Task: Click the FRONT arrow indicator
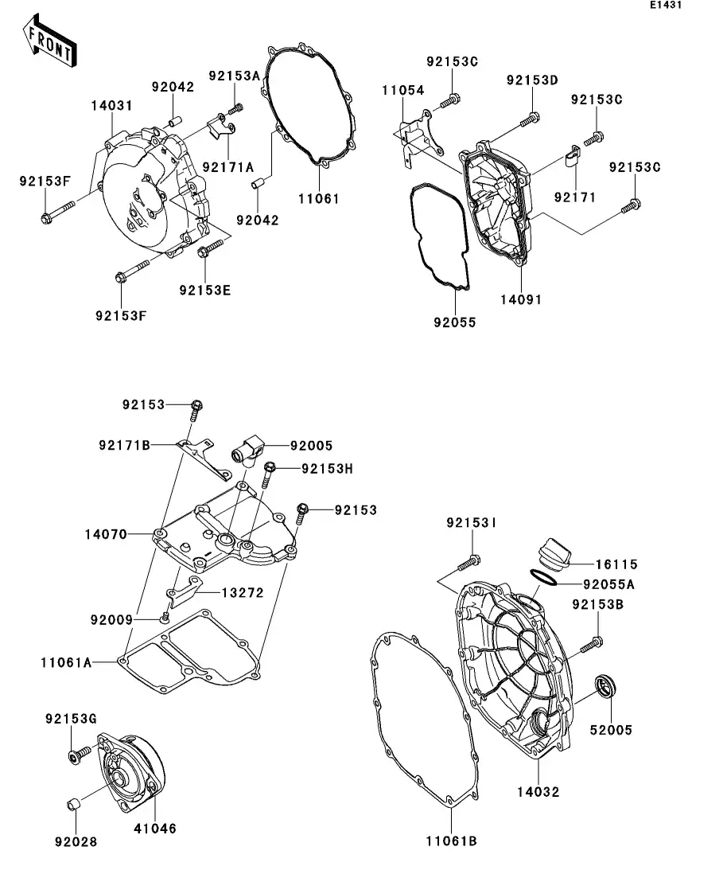point(49,44)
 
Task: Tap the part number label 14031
point(111,105)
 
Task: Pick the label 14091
point(521,299)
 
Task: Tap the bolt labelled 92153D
point(527,122)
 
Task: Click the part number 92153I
point(472,523)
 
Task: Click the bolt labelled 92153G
point(74,757)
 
